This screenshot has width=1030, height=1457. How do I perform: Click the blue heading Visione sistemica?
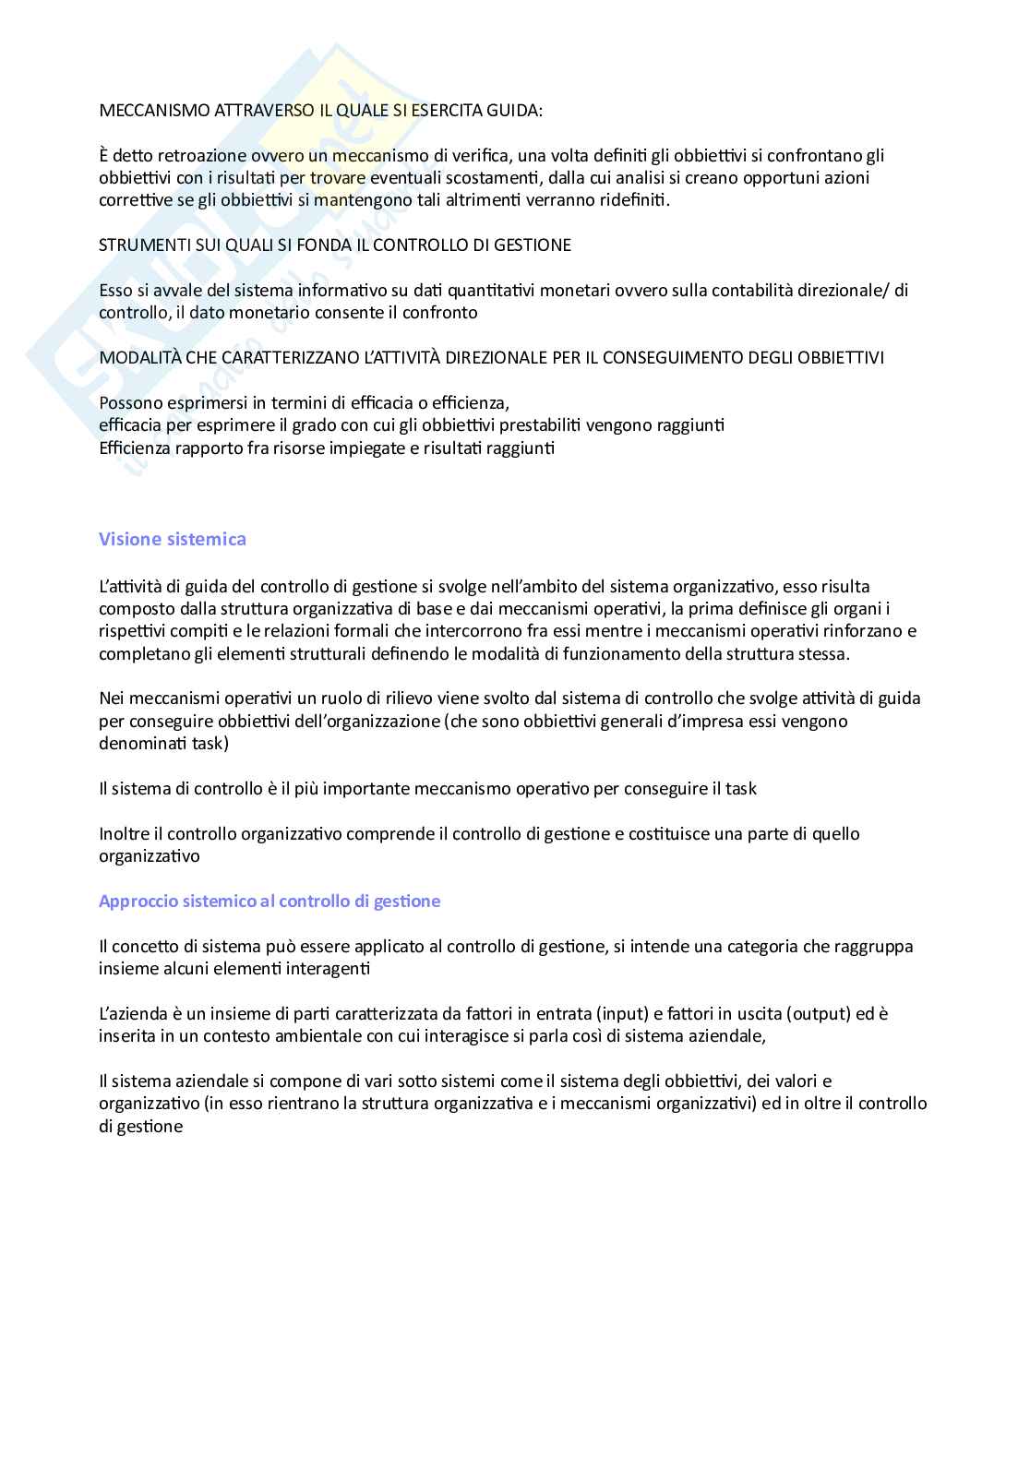[x=173, y=539]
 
